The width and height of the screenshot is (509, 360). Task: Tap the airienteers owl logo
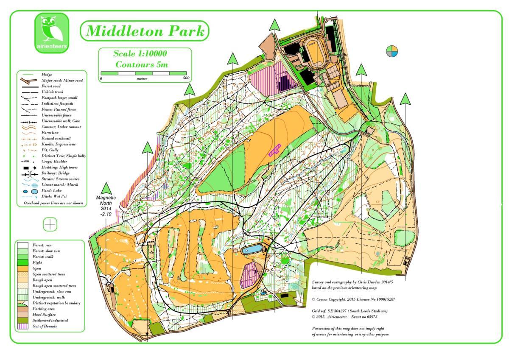[x=51, y=33]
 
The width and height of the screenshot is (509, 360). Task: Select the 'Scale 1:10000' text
[x=140, y=54]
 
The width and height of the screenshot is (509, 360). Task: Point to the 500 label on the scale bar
[x=186, y=79]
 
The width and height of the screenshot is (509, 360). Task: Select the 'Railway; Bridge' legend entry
[x=55, y=173]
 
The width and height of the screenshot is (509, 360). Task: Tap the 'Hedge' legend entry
[x=47, y=75]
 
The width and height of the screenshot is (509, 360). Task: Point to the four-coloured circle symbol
[x=392, y=51]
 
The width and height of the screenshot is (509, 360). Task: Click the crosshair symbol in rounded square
[x=50, y=224]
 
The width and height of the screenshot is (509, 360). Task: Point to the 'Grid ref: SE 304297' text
[x=350, y=311]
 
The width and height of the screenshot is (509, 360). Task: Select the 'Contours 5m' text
[x=142, y=65]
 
